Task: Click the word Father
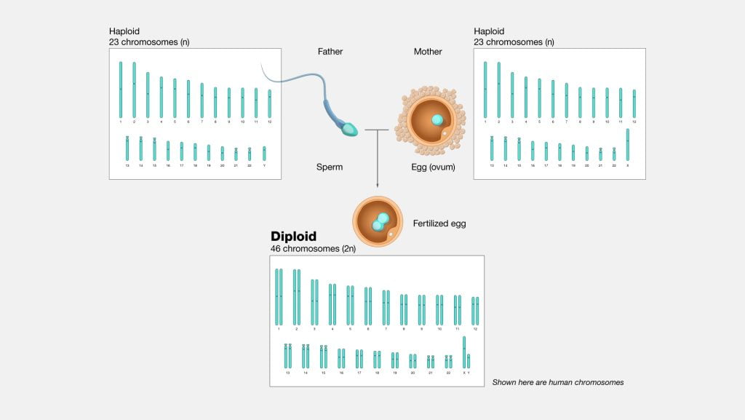click(x=330, y=52)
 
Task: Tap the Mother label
click(x=428, y=52)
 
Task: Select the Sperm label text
click(x=330, y=167)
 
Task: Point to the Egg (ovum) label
click(x=433, y=167)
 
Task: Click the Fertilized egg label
click(x=439, y=224)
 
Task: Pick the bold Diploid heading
click(x=295, y=237)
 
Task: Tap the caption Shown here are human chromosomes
click(x=557, y=382)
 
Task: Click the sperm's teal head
click(x=350, y=130)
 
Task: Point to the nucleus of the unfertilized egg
click(x=437, y=119)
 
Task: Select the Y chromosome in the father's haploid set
click(x=264, y=153)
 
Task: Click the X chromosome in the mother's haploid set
click(x=627, y=144)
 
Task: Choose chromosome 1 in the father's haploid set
click(x=121, y=89)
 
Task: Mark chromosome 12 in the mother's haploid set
click(x=634, y=103)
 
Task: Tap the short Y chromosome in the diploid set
click(x=469, y=361)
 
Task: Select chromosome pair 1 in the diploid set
click(x=279, y=297)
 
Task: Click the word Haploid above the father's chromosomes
click(x=124, y=31)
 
